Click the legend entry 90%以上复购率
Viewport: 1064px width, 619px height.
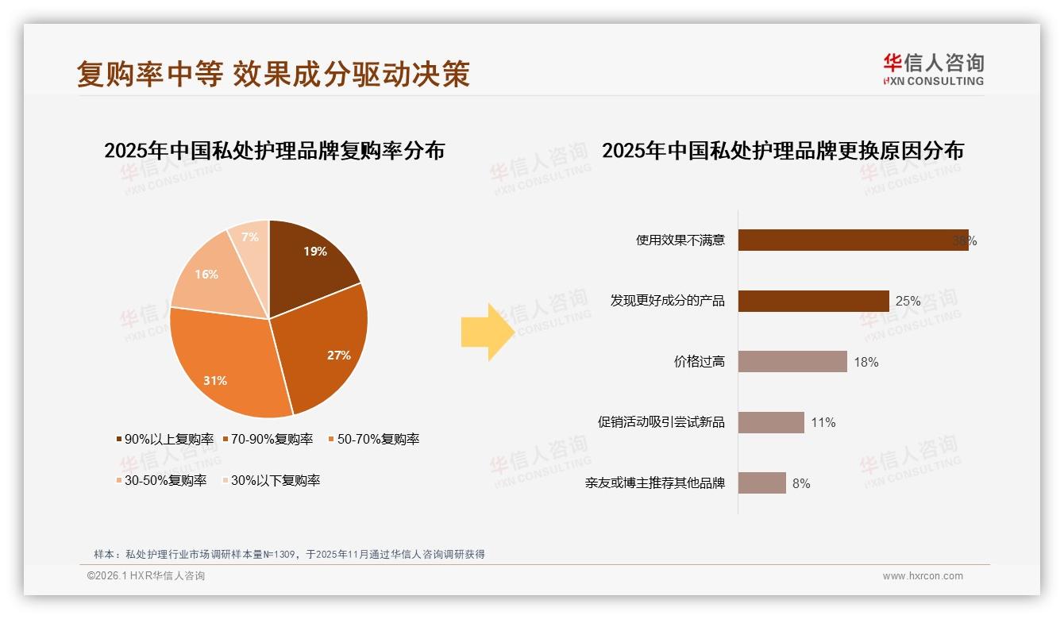(165, 439)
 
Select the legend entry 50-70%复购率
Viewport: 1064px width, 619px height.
(373, 439)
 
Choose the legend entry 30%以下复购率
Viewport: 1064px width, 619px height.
(270, 480)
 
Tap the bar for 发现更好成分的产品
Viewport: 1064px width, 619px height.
(813, 301)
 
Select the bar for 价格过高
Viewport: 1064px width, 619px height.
(792, 362)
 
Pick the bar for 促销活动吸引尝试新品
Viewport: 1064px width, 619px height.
(771, 422)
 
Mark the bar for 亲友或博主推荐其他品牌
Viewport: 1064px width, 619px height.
(761, 483)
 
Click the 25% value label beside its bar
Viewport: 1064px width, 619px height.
(908, 302)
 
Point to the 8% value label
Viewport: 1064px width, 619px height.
(801, 483)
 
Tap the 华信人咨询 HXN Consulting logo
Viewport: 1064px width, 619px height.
(933, 70)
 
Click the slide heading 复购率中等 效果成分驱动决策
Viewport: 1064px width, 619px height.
(273, 74)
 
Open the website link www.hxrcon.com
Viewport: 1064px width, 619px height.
(923, 576)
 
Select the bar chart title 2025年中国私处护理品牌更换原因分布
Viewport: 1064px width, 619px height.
(782, 151)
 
